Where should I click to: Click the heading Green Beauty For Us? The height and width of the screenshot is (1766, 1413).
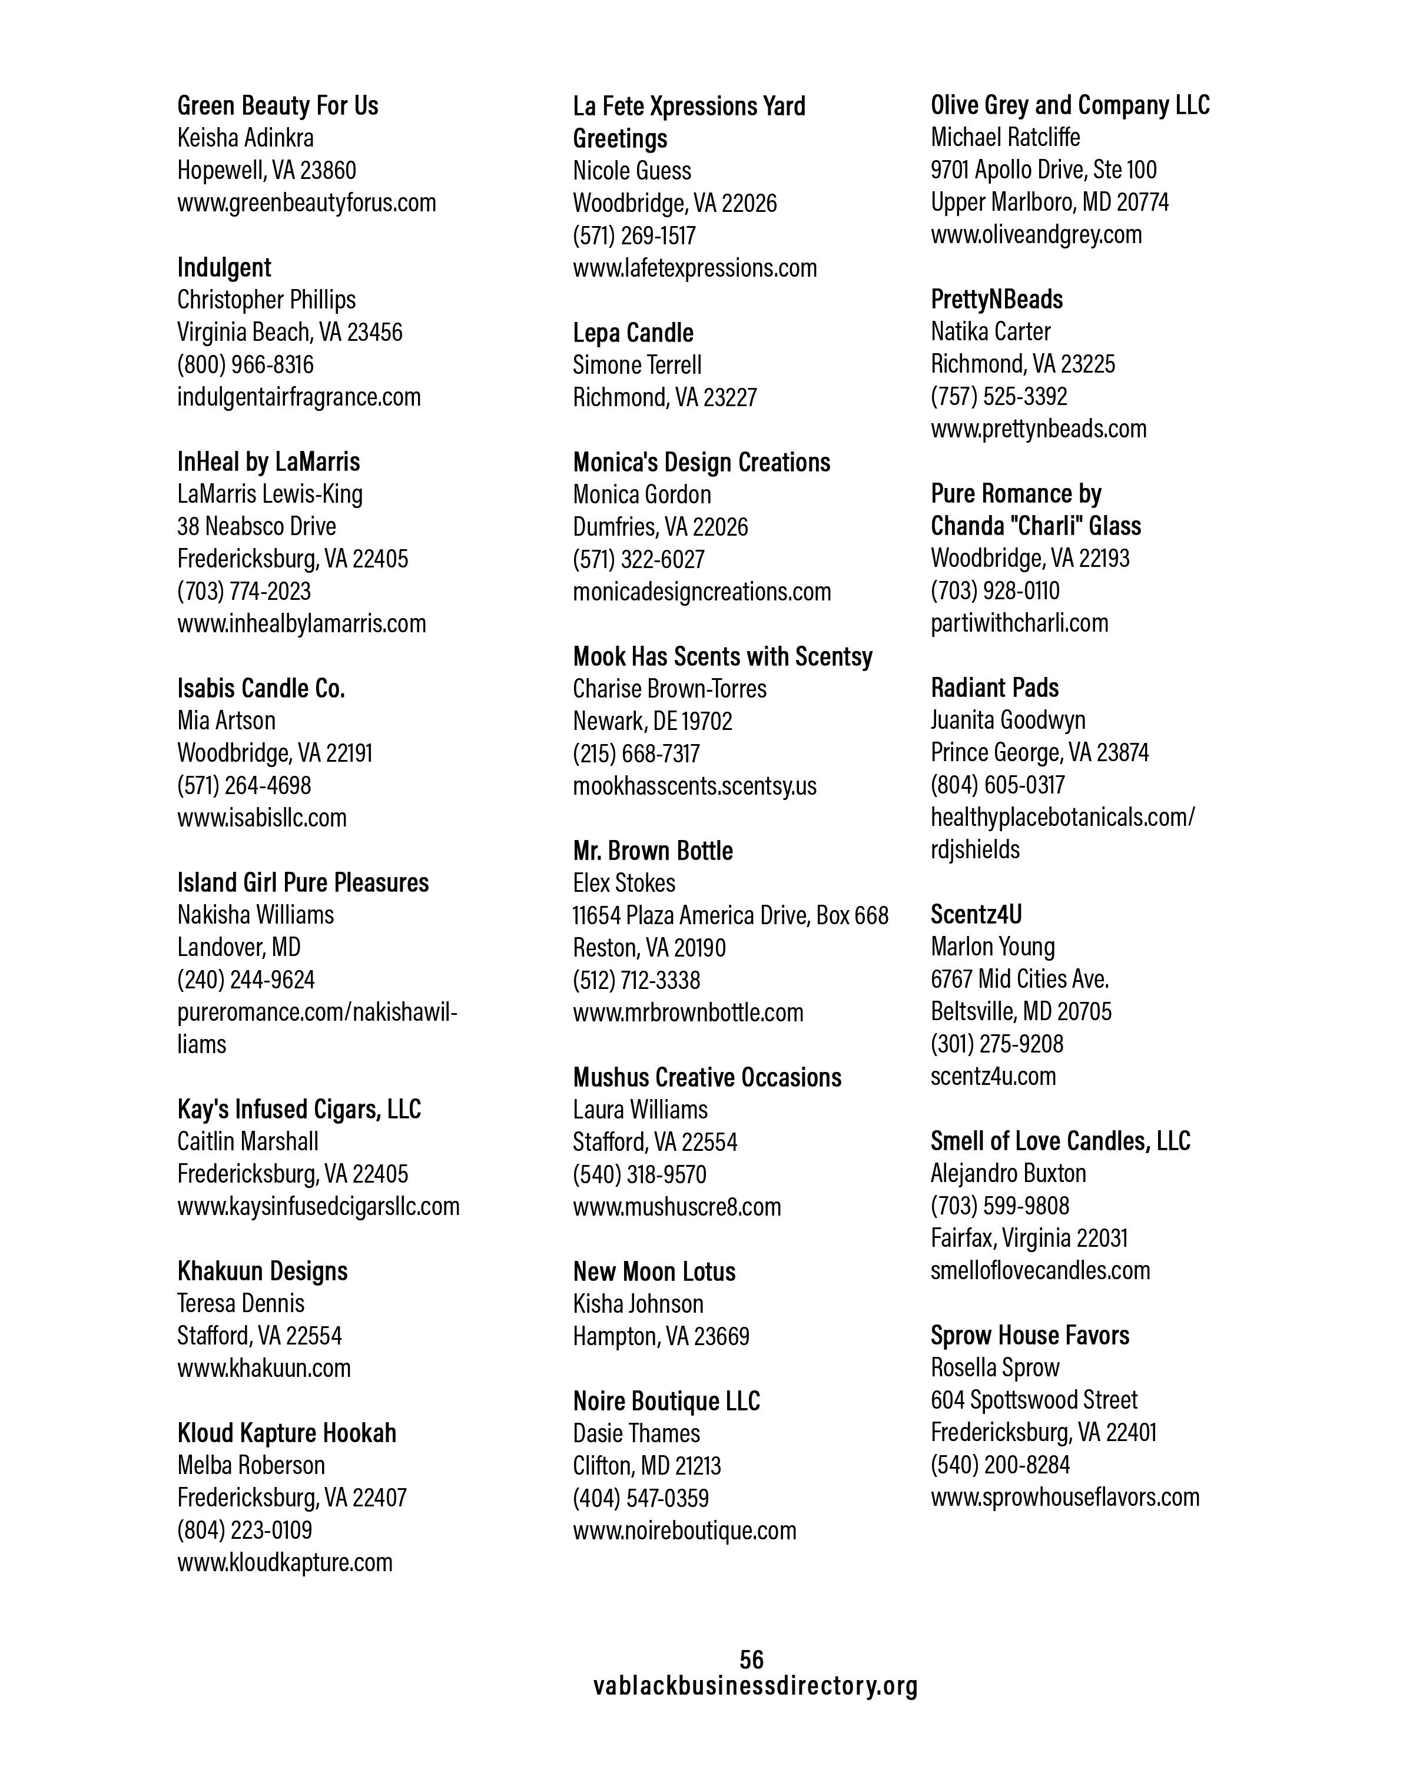[x=278, y=105]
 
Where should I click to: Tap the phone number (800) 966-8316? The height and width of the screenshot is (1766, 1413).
[x=245, y=364]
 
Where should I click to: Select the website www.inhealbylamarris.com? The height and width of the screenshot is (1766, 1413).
[x=301, y=623]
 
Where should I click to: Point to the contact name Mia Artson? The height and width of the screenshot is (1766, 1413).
[x=226, y=721]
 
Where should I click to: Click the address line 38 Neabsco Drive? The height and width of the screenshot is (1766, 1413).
[x=256, y=526]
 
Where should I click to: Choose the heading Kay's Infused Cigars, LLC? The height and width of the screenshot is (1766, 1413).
[x=299, y=1109]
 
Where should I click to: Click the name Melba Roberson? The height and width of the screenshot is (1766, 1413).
[x=251, y=1465]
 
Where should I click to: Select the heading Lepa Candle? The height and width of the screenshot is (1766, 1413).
[x=632, y=333]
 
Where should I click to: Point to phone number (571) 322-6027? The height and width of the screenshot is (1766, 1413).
[x=638, y=559]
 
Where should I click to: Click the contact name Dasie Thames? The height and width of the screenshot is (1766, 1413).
[x=636, y=1433]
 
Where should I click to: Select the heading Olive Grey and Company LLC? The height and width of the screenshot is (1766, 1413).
[x=1070, y=105]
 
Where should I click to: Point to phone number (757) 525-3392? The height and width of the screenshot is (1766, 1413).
[x=999, y=396]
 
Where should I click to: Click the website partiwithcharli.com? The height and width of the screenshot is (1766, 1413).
[x=1019, y=623]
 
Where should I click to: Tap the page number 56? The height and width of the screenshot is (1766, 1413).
[x=751, y=1659]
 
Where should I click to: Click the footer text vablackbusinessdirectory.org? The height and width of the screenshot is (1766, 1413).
[x=755, y=1686]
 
